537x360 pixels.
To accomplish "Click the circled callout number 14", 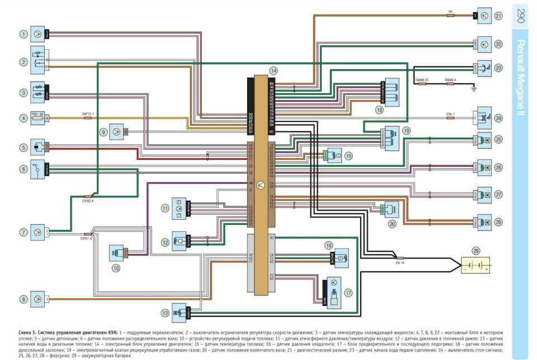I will click(x=273, y=71).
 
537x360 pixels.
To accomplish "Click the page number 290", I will click(x=520, y=16).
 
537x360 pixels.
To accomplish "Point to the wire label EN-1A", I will click(x=400, y=262).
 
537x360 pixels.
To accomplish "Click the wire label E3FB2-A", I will click(x=88, y=200).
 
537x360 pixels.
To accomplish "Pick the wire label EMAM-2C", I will click(x=422, y=80).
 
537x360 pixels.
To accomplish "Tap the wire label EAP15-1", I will click(x=88, y=114).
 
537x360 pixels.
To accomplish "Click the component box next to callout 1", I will click(x=38, y=34).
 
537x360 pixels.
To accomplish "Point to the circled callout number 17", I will click(x=349, y=292).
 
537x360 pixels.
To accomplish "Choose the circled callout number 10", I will click(x=116, y=268).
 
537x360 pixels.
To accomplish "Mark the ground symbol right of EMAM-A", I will click(x=473, y=87).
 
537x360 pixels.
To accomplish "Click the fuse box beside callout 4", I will click(x=37, y=118).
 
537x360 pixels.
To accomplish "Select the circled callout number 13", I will click(x=165, y=312).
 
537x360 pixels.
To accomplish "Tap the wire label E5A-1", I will click(x=450, y=114).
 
